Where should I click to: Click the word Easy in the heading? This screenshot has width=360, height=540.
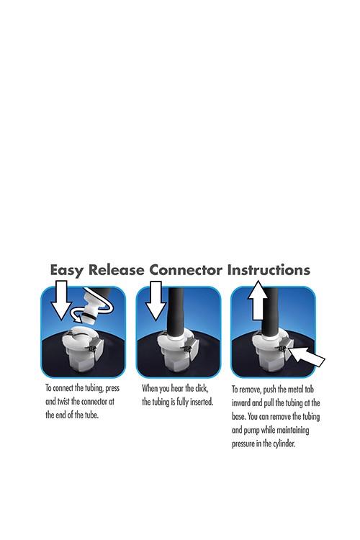tap(67, 270)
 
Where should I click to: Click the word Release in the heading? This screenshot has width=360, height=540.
tap(116, 270)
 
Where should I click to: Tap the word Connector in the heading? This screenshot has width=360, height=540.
tap(186, 270)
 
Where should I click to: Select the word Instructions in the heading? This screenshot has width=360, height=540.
tap(269, 270)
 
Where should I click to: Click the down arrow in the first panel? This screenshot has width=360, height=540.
tap(61, 300)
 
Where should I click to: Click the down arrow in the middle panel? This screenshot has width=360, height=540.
tap(156, 300)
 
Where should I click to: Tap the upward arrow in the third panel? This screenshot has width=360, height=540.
tap(258, 300)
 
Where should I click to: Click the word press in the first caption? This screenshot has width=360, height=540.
tap(112, 389)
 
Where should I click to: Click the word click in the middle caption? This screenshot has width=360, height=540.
tap(202, 389)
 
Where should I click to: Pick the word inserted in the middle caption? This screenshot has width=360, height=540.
tap(200, 402)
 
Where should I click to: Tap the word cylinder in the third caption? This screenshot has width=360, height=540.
tap(284, 444)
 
